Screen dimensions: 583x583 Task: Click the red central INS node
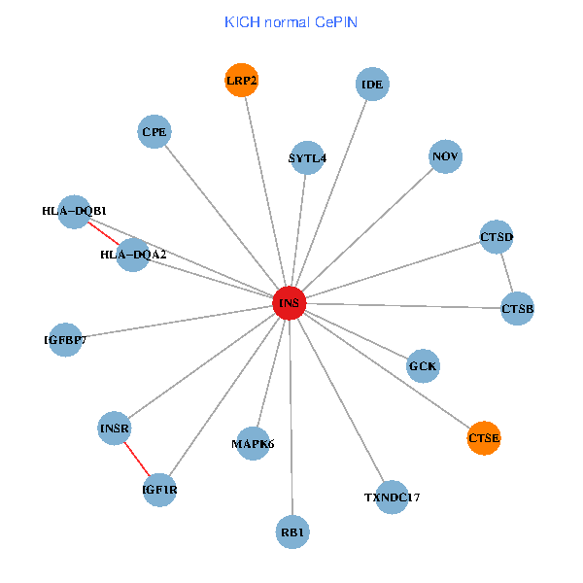[289, 303]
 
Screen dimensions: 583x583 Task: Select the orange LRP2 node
[241, 81]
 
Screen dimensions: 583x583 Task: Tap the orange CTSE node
[484, 438]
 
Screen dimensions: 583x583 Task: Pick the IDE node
[372, 84]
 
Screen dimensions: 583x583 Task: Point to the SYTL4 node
[307, 157]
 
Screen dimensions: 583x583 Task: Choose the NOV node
[445, 156]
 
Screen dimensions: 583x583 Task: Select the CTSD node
[497, 236]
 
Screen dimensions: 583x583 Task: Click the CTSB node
[517, 309]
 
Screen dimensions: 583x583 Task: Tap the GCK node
[423, 366]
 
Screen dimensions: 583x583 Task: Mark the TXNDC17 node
[393, 497]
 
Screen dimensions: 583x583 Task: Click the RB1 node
[292, 532]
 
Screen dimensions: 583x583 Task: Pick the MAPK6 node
[253, 444]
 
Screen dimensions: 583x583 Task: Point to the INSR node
[115, 428]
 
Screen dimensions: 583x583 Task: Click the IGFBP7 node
[65, 340]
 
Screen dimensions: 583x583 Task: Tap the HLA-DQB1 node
[75, 211]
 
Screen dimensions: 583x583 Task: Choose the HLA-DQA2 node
[133, 255]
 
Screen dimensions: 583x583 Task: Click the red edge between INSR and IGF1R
[137, 459]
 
